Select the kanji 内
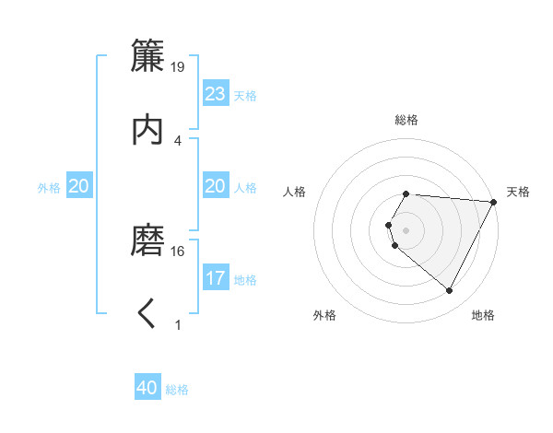[147, 130]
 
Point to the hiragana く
[147, 314]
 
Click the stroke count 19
[178, 66]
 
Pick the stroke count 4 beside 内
[178, 140]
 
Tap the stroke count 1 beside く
[178, 324]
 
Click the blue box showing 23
[215, 94]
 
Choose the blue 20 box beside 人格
[215, 186]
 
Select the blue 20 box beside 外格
[79, 186]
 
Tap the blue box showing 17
[215, 278]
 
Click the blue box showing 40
[147, 388]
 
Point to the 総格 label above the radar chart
[406, 120]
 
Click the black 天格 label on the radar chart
[518, 192]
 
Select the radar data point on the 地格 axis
[450, 291]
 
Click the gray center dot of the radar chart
[406, 230]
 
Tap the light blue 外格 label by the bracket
[49, 188]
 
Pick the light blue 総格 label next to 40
[177, 390]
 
